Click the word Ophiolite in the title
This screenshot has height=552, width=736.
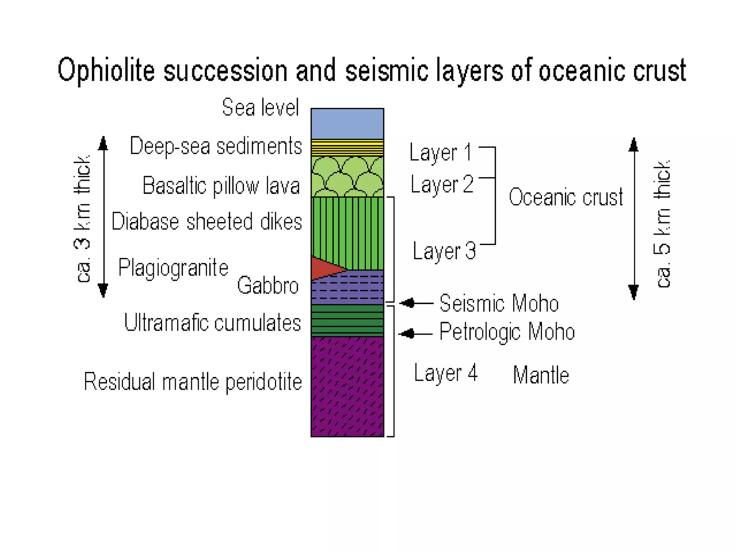pos(106,71)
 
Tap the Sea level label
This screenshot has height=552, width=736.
pos(260,107)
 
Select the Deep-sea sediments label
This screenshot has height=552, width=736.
pos(216,146)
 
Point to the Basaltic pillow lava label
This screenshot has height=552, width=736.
pos(221,186)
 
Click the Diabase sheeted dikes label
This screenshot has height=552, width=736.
pos(207,221)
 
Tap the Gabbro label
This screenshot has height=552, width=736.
pos(268,286)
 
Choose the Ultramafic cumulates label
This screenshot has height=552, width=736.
pos(212,322)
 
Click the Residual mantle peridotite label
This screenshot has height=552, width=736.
pos(193,382)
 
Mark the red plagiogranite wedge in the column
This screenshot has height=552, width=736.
pos(323,268)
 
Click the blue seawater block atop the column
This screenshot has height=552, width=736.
pos(347,124)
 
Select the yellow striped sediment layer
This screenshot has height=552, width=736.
pos(347,147)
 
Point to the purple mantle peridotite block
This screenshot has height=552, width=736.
pos(347,386)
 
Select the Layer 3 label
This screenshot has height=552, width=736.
pos(444,251)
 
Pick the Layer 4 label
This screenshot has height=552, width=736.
pos(446,373)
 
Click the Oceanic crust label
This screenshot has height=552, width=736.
pos(566,197)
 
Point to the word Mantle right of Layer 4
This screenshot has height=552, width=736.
pos(541,375)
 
